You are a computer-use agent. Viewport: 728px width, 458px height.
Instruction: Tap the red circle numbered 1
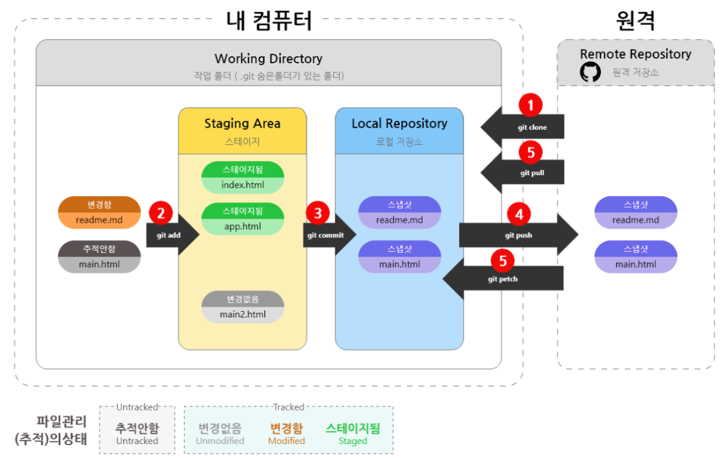click(x=531, y=105)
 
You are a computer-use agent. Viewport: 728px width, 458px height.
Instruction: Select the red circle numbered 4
click(x=519, y=215)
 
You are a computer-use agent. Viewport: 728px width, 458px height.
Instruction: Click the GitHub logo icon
click(x=590, y=72)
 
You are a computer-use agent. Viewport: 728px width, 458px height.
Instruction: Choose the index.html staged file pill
click(x=243, y=178)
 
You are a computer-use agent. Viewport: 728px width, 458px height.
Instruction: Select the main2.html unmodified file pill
click(x=243, y=307)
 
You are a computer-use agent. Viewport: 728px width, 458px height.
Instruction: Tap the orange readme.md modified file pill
click(x=99, y=212)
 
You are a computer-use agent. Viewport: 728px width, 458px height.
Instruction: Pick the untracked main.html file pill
click(x=99, y=257)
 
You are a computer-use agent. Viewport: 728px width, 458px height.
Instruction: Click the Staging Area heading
click(x=242, y=123)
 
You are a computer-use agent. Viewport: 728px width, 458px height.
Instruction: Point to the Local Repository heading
click(x=399, y=123)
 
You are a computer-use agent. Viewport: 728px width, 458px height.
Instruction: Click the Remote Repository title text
click(x=635, y=54)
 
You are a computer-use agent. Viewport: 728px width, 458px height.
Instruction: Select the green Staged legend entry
click(x=353, y=434)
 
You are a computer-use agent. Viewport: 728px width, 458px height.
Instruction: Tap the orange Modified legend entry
click(x=286, y=434)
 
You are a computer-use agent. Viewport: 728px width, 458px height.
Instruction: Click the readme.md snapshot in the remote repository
click(x=635, y=212)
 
